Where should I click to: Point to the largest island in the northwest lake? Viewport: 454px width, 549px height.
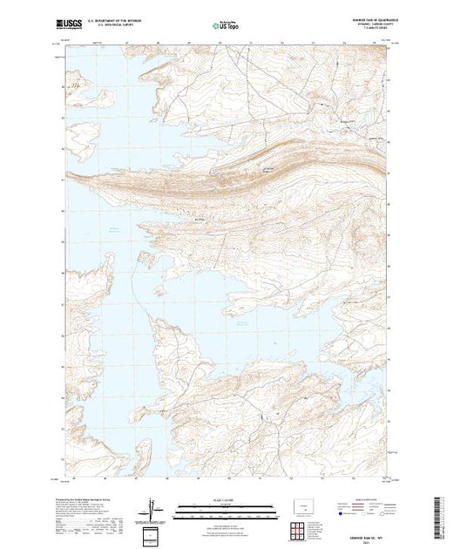(85, 135)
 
